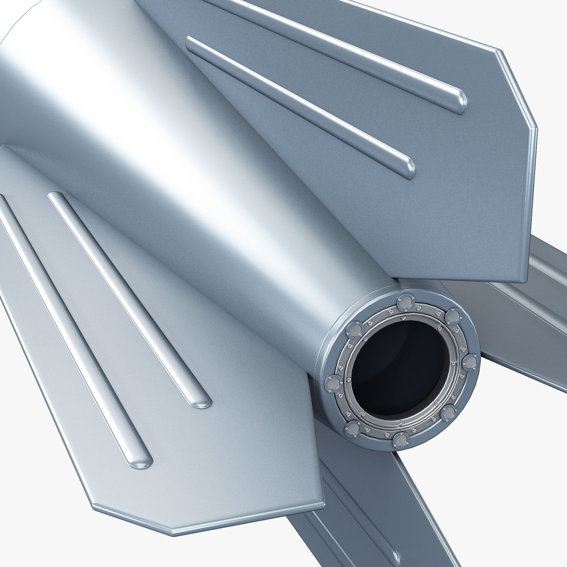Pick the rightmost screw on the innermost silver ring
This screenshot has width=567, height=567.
click(x=453, y=364)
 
